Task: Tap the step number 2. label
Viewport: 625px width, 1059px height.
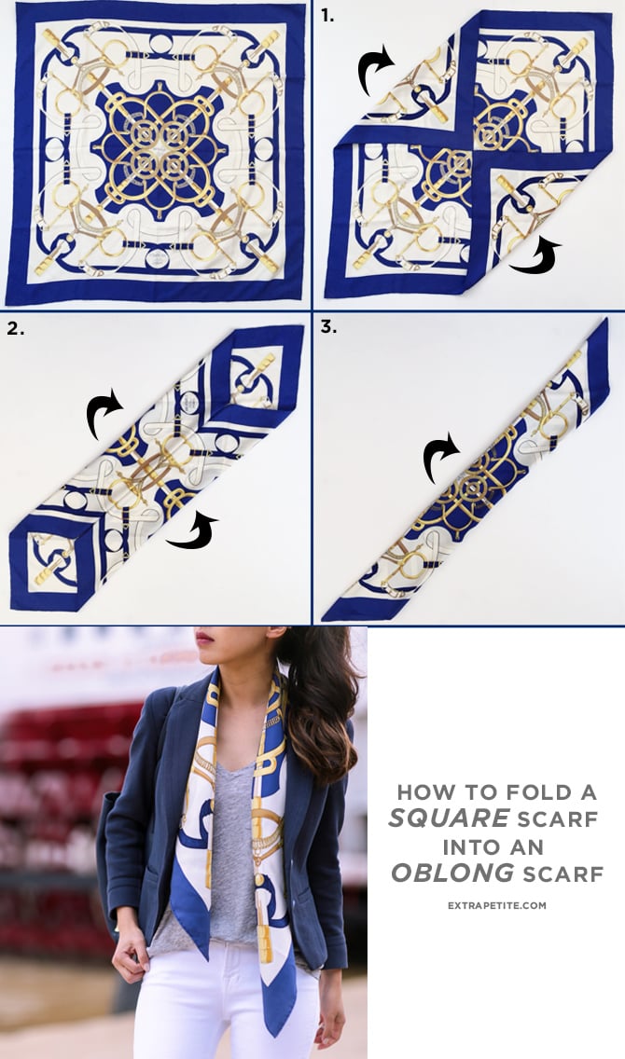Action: point(15,328)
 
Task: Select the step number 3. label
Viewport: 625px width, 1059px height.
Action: point(328,328)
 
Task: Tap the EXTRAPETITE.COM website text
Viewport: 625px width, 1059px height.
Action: point(495,905)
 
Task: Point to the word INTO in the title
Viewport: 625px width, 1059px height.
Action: point(471,846)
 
